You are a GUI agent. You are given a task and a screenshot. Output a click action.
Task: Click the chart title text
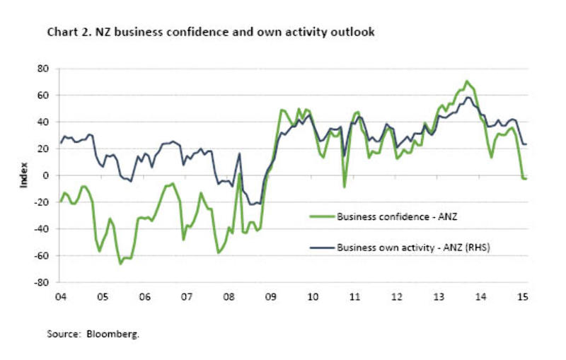[210, 33]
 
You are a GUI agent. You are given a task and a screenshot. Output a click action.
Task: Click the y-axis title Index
[24, 175]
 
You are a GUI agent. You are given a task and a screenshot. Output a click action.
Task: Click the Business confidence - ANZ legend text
[397, 216]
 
